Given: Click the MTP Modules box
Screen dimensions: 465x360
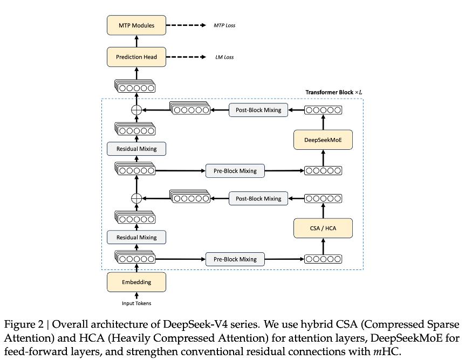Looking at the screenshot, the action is pos(136,25).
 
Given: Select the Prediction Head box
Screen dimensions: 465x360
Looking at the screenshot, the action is pos(136,57).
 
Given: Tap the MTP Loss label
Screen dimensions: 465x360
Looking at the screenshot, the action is pos(224,25).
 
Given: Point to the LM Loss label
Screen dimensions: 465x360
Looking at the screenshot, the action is pos(224,57).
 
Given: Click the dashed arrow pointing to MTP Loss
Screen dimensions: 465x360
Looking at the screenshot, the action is pos(186,25).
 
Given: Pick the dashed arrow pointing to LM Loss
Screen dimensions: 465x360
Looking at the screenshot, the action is pos(186,57).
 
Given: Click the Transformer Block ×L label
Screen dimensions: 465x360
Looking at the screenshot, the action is pos(333,93).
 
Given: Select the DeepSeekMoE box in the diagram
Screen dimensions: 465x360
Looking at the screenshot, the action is pos(323,140).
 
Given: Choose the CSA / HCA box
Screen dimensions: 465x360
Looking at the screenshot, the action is pos(323,228).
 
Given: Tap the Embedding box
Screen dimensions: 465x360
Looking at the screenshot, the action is pos(136,282).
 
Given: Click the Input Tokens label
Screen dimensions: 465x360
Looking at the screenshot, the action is pos(136,303).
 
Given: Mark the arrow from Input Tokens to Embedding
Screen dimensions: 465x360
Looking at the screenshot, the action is pos(136,296).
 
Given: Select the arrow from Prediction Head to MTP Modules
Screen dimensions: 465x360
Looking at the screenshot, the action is pos(136,41).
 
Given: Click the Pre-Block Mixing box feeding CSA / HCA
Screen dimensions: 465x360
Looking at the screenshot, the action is pos(235,259).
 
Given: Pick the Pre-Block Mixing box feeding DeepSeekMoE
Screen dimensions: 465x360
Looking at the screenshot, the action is pos(235,171).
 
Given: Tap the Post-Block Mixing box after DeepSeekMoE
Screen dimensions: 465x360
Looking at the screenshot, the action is pos(258,110).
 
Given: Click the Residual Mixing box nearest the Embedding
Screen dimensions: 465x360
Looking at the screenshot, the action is pos(136,237).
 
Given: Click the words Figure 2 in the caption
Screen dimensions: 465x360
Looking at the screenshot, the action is pos(24,324).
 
